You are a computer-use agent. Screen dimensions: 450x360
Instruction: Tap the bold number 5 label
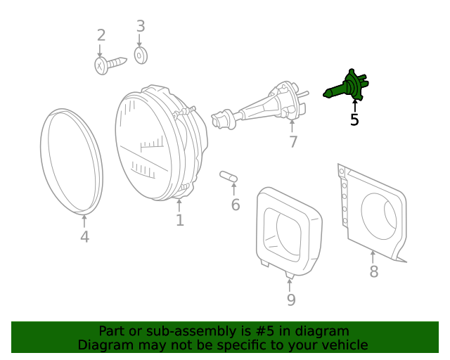[x=354, y=120]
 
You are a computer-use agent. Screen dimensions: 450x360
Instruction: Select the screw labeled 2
[x=110, y=65]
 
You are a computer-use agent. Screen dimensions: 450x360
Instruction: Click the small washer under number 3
[x=141, y=56]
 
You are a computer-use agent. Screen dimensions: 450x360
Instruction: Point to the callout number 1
[x=180, y=220]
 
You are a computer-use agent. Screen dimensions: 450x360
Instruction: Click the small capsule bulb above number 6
[x=229, y=176]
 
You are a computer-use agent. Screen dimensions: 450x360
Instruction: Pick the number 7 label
[x=292, y=142]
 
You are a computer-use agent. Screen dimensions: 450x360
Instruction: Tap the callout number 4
[x=84, y=237]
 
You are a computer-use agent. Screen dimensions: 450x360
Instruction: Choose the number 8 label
[x=373, y=271]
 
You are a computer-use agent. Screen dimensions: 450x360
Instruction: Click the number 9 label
[x=291, y=300]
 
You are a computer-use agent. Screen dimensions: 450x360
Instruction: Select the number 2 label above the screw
[x=101, y=35]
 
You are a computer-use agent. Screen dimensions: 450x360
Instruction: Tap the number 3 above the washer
[x=141, y=26]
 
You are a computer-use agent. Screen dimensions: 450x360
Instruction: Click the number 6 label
[x=236, y=205]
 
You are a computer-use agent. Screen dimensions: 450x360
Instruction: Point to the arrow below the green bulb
[x=355, y=105]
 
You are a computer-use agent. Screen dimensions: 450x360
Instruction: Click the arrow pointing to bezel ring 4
[x=84, y=221]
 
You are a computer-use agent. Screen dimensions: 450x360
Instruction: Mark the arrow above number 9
[x=290, y=285]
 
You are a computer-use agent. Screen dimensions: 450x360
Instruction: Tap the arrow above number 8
[x=373, y=257]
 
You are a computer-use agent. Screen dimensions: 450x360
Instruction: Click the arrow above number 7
[x=292, y=127]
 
